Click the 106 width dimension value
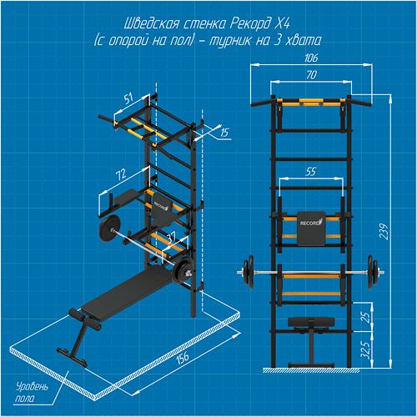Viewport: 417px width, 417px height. tap(311, 58)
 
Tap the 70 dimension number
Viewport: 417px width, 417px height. tap(311, 75)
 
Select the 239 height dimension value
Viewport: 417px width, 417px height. tap(384, 231)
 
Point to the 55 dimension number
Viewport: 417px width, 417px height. tap(311, 172)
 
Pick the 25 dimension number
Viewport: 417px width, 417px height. tap(367, 318)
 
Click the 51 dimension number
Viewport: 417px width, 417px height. tap(128, 99)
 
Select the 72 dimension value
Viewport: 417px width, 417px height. tap(121, 174)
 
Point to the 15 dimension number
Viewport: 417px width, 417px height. tap(224, 133)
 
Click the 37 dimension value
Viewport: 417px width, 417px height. tap(171, 237)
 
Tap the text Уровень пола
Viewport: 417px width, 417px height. tap(31, 393)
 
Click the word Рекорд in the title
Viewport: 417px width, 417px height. tap(249, 24)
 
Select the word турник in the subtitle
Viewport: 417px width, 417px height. tap(228, 41)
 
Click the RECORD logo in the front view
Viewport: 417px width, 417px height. tap(312, 223)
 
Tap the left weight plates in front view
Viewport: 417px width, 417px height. tap(249, 273)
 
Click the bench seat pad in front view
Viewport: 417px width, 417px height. tap(311, 322)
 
